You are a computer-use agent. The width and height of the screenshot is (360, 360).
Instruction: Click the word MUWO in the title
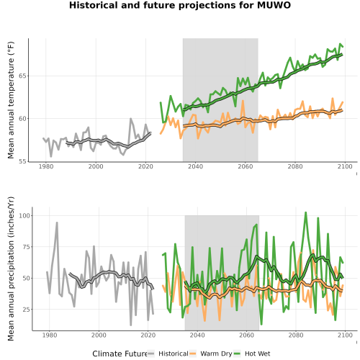pyautogui.click(x=274, y=5)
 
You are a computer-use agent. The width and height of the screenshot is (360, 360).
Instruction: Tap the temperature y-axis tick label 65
pyautogui.click(x=23, y=76)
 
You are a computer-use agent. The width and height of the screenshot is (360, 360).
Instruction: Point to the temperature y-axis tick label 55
pyautogui.click(x=23, y=161)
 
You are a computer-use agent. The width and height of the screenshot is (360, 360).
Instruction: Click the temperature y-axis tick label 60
pyautogui.click(x=23, y=119)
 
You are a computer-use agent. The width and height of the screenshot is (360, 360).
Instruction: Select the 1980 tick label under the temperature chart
pyautogui.click(x=46, y=166)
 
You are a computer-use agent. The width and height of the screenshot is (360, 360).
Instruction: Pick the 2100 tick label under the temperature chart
pyautogui.click(x=345, y=166)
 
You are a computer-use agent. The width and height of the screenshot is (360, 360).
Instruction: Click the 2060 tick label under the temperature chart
pyautogui.click(x=246, y=166)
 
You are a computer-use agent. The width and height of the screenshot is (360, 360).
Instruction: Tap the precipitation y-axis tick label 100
pyautogui.click(x=24, y=215)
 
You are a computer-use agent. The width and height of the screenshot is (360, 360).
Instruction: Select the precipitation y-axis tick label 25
pyautogui.click(x=27, y=310)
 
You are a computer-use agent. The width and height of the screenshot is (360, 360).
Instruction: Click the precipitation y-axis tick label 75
pyautogui.click(x=27, y=247)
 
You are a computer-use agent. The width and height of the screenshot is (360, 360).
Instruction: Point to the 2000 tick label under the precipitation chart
pyautogui.click(x=99, y=335)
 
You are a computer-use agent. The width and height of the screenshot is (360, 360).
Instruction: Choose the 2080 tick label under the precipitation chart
pyautogui.click(x=296, y=335)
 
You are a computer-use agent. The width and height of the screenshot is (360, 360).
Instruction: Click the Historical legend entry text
pyautogui.click(x=174, y=354)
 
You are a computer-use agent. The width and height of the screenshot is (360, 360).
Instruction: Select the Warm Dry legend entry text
pyautogui.click(x=216, y=354)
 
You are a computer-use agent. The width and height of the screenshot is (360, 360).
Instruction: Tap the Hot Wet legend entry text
pyautogui.click(x=257, y=354)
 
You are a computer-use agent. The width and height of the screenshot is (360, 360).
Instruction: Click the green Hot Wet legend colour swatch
pyautogui.click(x=237, y=354)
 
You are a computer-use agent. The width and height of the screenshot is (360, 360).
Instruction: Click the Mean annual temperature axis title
pyautogui.click(x=11, y=100)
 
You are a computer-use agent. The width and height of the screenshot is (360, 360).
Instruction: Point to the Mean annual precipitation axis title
pyautogui.click(x=11, y=269)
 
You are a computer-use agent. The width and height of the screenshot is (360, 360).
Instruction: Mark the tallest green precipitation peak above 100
pyautogui.click(x=305, y=212)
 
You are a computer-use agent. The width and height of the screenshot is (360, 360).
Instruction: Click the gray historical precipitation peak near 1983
pyautogui.click(x=57, y=222)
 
